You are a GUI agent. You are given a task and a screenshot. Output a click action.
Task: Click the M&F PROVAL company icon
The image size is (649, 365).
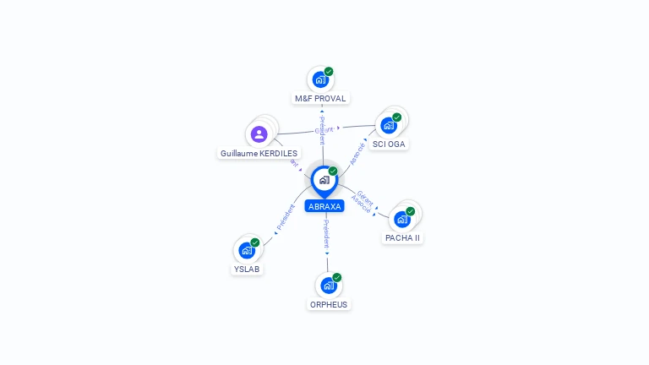coord(320,79)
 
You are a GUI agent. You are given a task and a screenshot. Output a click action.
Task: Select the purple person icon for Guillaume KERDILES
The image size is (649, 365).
coord(259,133)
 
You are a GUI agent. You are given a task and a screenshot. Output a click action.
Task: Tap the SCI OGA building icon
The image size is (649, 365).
coord(389,125)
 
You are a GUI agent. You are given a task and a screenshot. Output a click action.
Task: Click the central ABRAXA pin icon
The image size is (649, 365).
coord(324,180)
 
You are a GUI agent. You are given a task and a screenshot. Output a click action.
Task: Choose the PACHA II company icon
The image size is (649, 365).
coord(402,219)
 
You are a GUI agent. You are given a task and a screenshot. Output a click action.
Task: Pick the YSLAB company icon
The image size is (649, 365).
coord(246,250)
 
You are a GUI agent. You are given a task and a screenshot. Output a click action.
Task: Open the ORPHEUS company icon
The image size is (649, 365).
coord(328,286)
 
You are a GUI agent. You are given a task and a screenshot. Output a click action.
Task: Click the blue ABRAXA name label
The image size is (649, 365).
coord(324,206)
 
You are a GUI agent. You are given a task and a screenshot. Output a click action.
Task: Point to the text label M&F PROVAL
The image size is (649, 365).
coord(320,99)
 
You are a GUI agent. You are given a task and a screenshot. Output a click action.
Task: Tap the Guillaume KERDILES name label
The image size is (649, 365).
coord(259,154)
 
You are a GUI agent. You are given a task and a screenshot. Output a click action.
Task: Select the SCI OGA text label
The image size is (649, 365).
coord(390,144)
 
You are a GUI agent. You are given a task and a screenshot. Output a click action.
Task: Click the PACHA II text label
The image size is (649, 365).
coord(403,238)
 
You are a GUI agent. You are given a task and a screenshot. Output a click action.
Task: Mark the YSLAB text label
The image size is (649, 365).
coord(247,270)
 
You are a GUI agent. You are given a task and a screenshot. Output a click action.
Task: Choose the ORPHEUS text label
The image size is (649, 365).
coord(329,305)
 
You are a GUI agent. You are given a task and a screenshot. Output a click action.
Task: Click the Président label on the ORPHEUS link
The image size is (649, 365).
coord(326,234)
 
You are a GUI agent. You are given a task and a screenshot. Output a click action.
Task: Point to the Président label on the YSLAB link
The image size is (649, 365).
coord(285,218)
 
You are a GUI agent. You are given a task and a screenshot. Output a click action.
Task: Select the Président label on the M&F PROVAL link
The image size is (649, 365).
coord(322,131)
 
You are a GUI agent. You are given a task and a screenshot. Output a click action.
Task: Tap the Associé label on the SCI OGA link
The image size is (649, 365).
coord(357,153)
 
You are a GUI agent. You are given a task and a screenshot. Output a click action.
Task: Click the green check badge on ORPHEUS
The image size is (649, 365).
coord(337,277)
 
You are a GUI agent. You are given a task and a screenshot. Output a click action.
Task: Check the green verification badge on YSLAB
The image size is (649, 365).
coord(255,242)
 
